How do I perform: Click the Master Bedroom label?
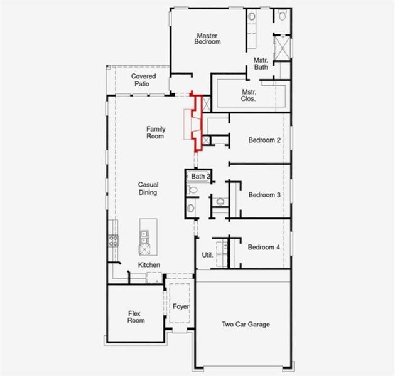(x=208, y=39)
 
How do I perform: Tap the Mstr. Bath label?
(x=261, y=63)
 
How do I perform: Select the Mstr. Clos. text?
(x=249, y=95)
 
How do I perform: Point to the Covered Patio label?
(x=144, y=80)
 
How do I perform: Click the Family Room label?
(x=156, y=132)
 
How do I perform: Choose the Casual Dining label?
(x=148, y=189)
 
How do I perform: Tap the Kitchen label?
(x=149, y=265)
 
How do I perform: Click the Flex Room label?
(x=136, y=316)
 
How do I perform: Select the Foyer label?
(x=181, y=306)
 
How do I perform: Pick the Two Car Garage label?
(x=246, y=325)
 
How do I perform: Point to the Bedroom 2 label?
(x=264, y=140)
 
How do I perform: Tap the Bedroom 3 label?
(x=264, y=195)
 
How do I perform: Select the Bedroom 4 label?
(x=264, y=248)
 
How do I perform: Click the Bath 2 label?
(x=200, y=177)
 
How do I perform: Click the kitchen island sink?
(x=145, y=236)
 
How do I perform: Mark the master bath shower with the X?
(x=282, y=48)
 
